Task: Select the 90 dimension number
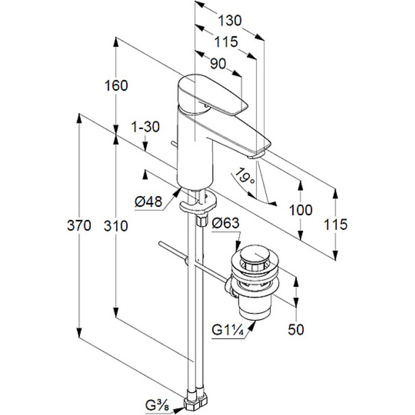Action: [x=219, y=64]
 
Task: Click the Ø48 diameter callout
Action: [x=149, y=202]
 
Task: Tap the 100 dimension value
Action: [x=301, y=210]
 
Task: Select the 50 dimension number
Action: [x=296, y=329]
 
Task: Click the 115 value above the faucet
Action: [x=226, y=42]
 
